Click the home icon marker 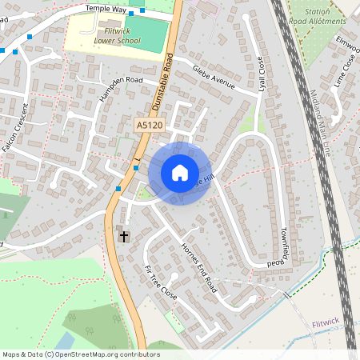(179, 173)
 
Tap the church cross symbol (123, 236)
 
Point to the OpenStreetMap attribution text (81, 354)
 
